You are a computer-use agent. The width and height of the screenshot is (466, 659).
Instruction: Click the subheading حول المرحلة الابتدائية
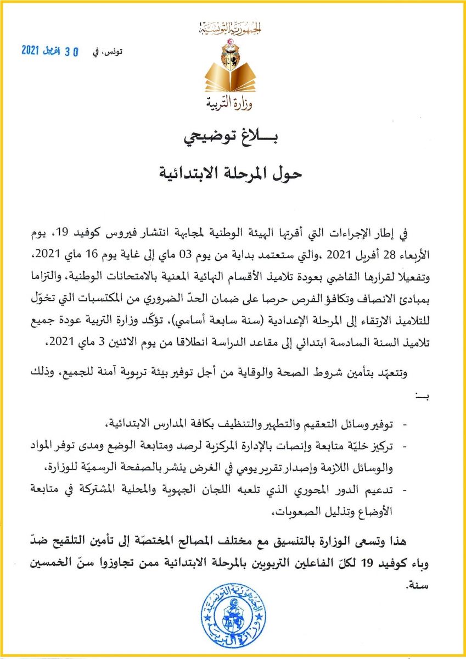tap(233, 174)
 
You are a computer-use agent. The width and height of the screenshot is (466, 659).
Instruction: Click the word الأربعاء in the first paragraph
tap(423, 255)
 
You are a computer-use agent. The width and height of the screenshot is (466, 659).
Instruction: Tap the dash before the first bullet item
tap(406, 425)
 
